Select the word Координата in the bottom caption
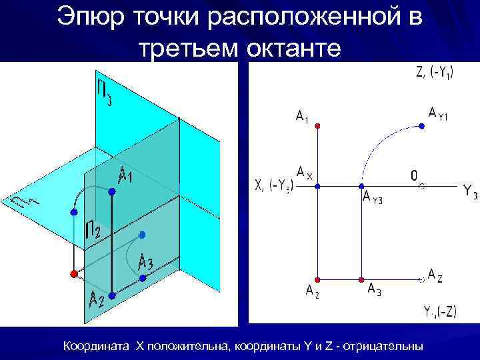click(97, 346)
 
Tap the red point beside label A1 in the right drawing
click(318, 125)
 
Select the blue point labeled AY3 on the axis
click(361, 187)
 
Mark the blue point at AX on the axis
click(318, 187)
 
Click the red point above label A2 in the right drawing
click(318, 279)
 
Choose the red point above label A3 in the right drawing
click(361, 279)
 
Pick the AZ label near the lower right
click(433, 274)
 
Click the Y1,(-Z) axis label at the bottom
click(440, 311)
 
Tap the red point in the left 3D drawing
click(73, 274)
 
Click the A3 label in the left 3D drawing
click(145, 263)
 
